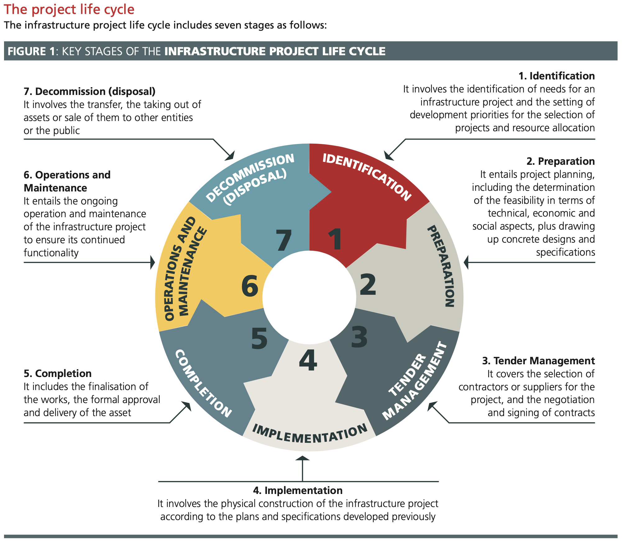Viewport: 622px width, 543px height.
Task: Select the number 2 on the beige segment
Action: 368,285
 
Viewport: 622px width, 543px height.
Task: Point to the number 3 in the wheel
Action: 359,337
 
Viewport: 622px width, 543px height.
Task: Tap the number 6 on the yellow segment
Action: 250,286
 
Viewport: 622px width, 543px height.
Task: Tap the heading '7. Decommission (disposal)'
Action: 89,92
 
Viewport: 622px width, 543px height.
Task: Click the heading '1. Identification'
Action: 556,76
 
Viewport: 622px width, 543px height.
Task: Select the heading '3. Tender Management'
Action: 538,361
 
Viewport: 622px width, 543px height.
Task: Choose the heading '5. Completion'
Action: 57,374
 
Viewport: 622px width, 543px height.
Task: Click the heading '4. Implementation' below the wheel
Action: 298,491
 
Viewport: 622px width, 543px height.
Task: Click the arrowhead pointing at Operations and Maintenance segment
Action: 153,263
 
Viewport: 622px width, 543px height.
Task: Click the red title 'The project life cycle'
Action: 69,9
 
